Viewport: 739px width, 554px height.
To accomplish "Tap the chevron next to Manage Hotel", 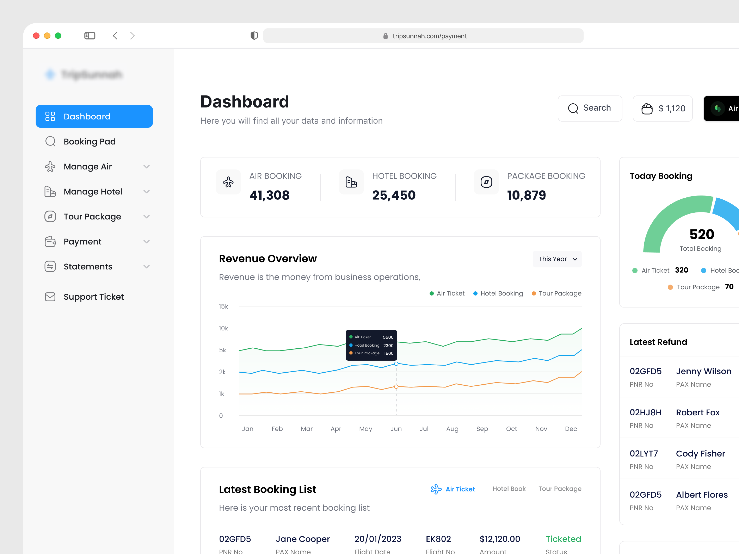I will (146, 192).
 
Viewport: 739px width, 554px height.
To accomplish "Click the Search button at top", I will (590, 108).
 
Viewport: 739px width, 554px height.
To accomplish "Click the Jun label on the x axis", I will (396, 429).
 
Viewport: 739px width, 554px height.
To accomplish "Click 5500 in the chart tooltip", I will (388, 337).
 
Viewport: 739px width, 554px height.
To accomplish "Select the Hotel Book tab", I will (509, 489).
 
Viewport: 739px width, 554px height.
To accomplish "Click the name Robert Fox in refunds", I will (698, 412).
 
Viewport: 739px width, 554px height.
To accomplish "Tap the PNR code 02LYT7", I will (643, 454).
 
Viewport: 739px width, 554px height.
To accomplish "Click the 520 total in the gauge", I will (702, 234).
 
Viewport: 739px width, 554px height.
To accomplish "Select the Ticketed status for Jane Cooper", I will (563, 539).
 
